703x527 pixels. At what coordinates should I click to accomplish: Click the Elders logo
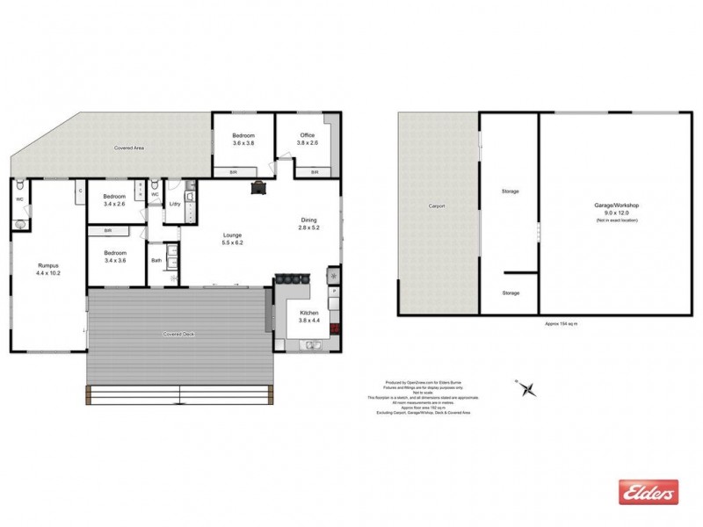[649, 493]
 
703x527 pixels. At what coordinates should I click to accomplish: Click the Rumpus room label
[48, 268]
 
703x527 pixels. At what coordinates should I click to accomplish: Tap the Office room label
[307, 139]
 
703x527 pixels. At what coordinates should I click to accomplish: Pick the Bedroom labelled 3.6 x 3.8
[242, 139]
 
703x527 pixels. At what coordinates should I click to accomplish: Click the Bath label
[156, 261]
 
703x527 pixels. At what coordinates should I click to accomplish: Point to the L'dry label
[174, 205]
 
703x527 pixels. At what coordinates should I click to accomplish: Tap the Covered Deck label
[178, 335]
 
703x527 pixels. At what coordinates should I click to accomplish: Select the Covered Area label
[129, 148]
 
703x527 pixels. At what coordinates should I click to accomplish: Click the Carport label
[437, 206]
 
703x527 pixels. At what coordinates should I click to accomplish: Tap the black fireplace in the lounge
[259, 185]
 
